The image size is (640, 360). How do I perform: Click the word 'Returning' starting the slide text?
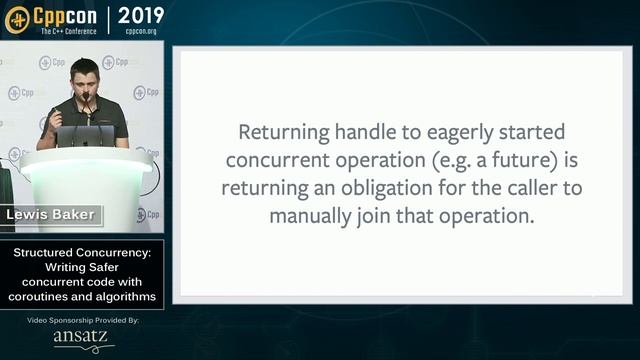click(x=281, y=132)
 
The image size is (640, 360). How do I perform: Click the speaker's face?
click(x=84, y=77)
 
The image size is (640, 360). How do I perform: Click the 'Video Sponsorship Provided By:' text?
click(x=83, y=320)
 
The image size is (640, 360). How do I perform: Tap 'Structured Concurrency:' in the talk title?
click(x=82, y=254)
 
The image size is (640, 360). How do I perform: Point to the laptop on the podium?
click(x=85, y=135)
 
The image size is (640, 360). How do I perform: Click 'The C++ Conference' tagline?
click(x=69, y=31)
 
